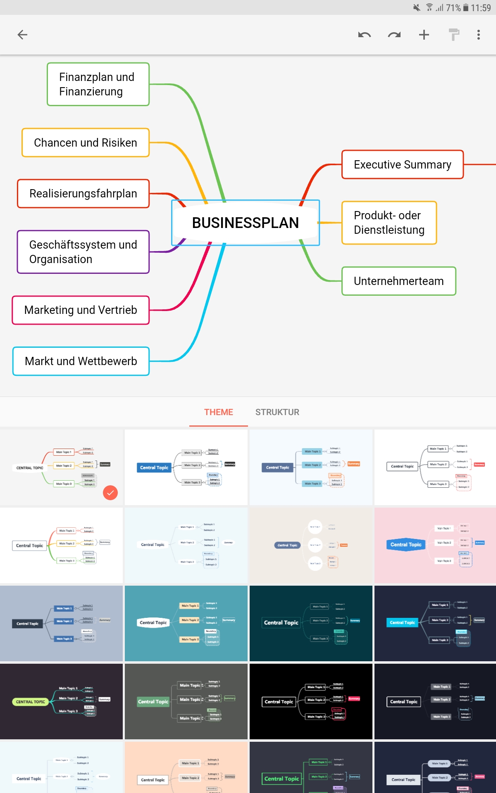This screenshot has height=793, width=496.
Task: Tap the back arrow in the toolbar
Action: tap(22, 35)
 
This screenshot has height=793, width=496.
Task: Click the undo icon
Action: tap(364, 35)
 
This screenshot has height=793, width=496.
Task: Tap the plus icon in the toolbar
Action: tap(424, 35)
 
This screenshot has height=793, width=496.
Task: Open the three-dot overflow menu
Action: tap(479, 35)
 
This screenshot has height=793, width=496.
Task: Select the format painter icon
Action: tap(454, 35)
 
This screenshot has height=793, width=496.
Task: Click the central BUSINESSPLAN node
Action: tap(246, 223)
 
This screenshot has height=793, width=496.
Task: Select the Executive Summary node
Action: tap(402, 165)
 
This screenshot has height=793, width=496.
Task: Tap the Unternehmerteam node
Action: tap(398, 281)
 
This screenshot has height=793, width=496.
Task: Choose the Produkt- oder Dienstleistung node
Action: tap(389, 223)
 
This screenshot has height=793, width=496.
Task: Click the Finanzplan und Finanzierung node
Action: tap(98, 84)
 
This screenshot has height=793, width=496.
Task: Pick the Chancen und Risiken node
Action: tap(86, 143)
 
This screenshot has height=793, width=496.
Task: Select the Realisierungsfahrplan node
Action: tap(83, 194)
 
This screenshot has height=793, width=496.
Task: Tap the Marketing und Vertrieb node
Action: tap(81, 310)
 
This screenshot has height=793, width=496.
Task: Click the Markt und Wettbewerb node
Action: tap(81, 361)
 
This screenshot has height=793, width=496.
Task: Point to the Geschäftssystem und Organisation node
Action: tap(83, 252)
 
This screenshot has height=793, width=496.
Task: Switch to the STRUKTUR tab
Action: tap(277, 412)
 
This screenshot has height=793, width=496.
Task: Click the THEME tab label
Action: tap(219, 412)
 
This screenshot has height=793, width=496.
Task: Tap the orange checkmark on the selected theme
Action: tap(110, 493)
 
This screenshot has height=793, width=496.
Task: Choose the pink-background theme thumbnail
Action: tap(435, 545)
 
